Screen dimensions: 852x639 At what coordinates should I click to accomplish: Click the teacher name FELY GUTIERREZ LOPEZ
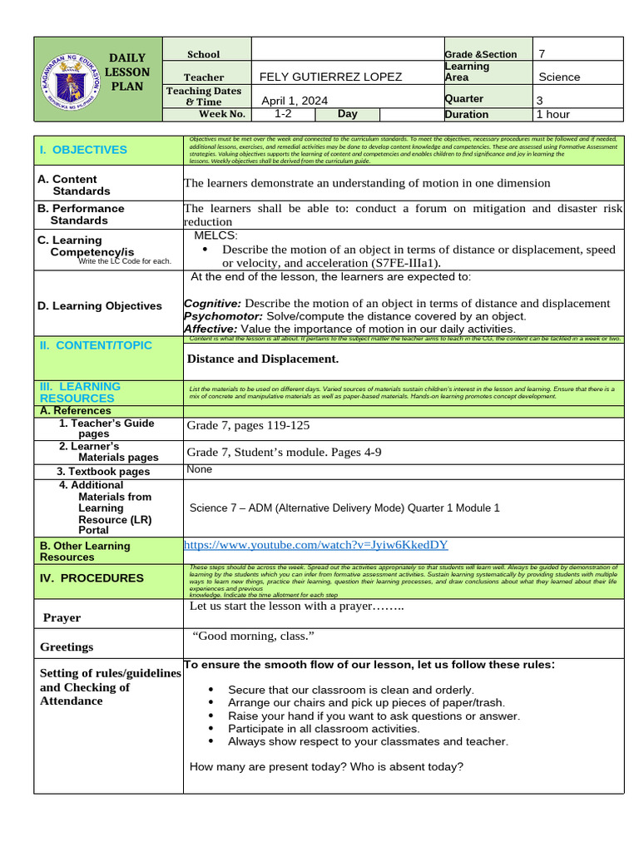(x=330, y=77)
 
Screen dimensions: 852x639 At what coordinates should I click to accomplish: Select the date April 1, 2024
(x=295, y=101)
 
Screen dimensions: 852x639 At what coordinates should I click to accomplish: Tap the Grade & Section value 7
(x=542, y=54)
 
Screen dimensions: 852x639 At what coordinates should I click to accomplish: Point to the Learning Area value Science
(x=559, y=77)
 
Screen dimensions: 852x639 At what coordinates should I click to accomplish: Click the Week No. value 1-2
(x=282, y=114)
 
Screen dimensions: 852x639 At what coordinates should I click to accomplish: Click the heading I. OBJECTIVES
(x=83, y=150)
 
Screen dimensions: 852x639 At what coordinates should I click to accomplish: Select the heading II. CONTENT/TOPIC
(x=96, y=344)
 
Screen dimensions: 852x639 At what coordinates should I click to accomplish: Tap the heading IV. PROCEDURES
(x=92, y=577)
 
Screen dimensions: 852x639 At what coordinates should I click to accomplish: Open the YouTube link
(x=315, y=545)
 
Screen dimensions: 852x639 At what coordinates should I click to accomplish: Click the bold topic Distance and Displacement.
(x=263, y=359)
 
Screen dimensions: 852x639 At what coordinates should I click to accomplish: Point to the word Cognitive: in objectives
(x=212, y=304)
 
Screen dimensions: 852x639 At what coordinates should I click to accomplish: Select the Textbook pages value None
(x=200, y=469)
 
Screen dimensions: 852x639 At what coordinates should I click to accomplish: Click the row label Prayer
(x=62, y=618)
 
